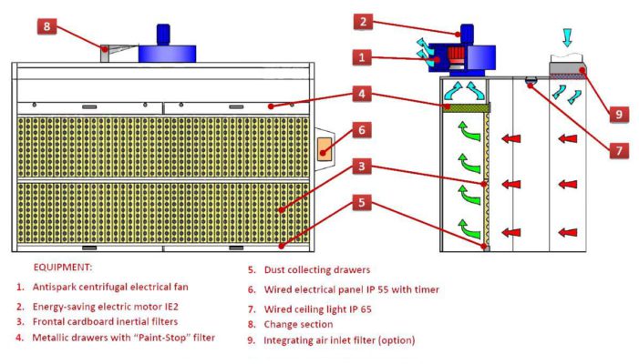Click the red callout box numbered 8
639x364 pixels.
tap(48, 26)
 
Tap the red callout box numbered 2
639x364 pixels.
tap(363, 22)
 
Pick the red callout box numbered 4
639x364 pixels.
tap(363, 94)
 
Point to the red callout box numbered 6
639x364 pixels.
tap(363, 130)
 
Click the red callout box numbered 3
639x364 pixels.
tap(363, 167)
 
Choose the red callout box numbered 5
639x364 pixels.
tap(363, 202)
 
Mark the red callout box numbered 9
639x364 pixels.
tap(617, 115)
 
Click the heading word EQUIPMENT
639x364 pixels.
tap(65, 269)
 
